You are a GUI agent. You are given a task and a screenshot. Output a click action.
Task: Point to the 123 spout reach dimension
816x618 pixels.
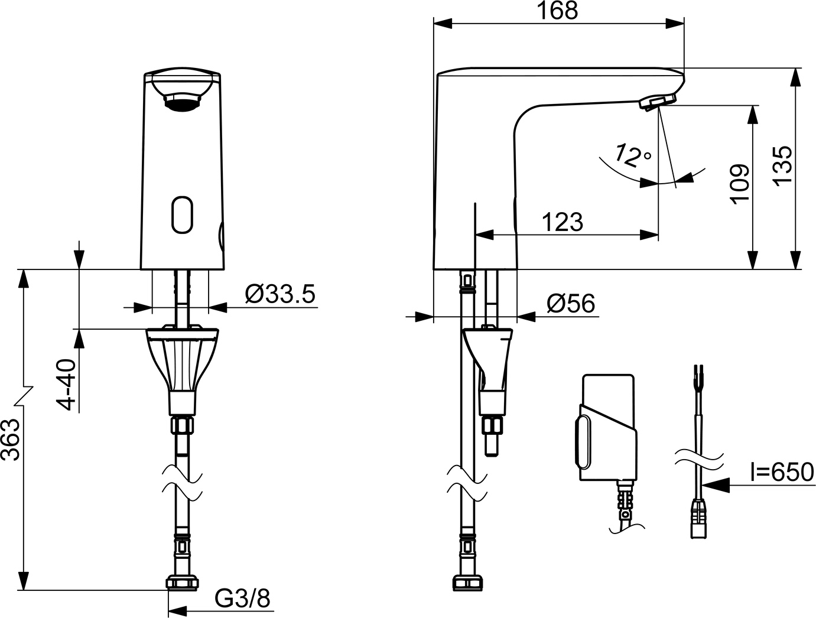point(562,222)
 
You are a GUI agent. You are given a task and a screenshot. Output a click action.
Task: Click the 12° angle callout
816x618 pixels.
point(632,155)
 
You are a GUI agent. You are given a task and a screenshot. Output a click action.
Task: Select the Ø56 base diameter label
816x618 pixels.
point(571,304)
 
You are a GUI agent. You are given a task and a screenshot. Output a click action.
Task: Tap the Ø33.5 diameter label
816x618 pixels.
point(280,294)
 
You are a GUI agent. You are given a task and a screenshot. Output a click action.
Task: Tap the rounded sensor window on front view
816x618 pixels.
point(183,214)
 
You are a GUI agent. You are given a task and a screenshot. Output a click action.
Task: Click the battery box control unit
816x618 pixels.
point(607,428)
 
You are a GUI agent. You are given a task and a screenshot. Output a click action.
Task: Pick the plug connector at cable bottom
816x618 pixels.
point(698,520)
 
